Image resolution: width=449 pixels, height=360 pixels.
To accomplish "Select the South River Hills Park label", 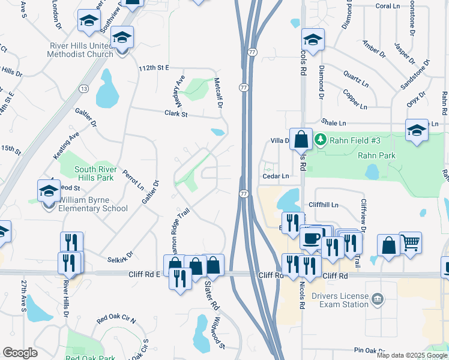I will pos(94,174).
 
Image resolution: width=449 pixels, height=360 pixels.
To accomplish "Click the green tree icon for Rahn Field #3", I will pos(321,140).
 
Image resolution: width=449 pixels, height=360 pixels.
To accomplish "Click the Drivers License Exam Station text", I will pos(335,300).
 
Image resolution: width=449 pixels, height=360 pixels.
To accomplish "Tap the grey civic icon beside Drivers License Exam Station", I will pos(377,299).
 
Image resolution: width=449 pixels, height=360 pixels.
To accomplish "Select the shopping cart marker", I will pos(410,243).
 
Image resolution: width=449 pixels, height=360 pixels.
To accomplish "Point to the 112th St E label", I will pos(154,69).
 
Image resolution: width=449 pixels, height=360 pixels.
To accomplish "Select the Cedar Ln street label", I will pos(276,176).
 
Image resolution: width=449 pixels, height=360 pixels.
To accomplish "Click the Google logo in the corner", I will pos(20,353).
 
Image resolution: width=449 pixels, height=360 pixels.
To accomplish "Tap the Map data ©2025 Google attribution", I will pos(412,355).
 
